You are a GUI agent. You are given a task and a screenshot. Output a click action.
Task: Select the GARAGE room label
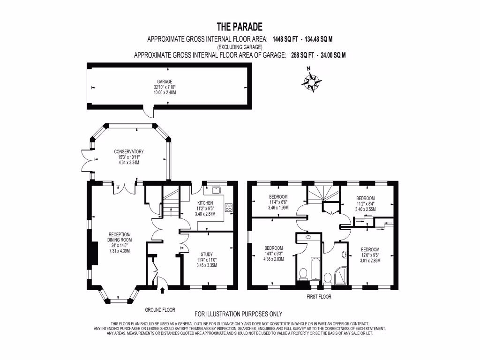165,81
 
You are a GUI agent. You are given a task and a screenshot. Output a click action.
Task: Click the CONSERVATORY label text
128,152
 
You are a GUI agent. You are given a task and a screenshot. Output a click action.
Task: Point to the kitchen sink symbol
217,190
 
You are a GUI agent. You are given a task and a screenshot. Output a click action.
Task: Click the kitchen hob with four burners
229,207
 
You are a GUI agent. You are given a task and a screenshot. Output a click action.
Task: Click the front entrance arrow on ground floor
162,291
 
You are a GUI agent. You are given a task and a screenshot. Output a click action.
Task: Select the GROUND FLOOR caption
160,310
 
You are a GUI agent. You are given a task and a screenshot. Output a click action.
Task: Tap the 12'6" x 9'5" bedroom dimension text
370,255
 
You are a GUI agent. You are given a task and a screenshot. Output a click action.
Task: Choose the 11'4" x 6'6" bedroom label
278,202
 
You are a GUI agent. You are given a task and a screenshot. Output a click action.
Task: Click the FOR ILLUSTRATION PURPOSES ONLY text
239,314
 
